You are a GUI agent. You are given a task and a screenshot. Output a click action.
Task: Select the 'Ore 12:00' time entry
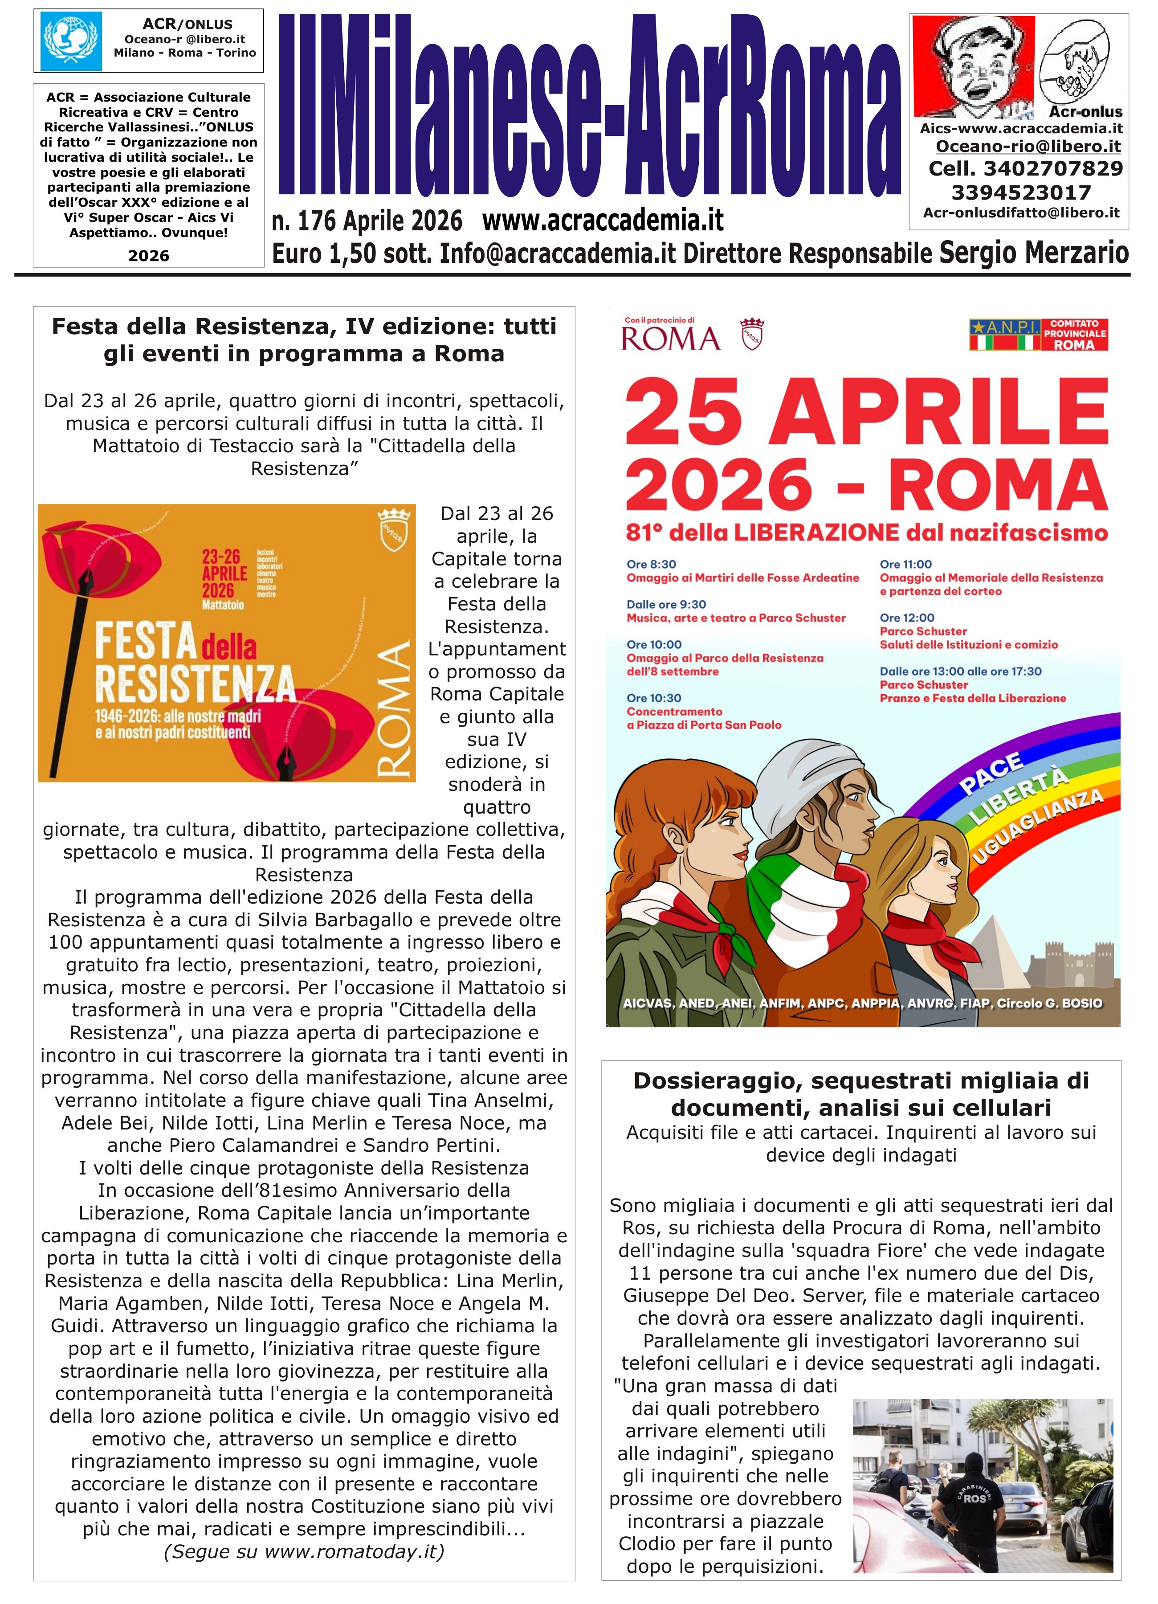pos(907,618)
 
